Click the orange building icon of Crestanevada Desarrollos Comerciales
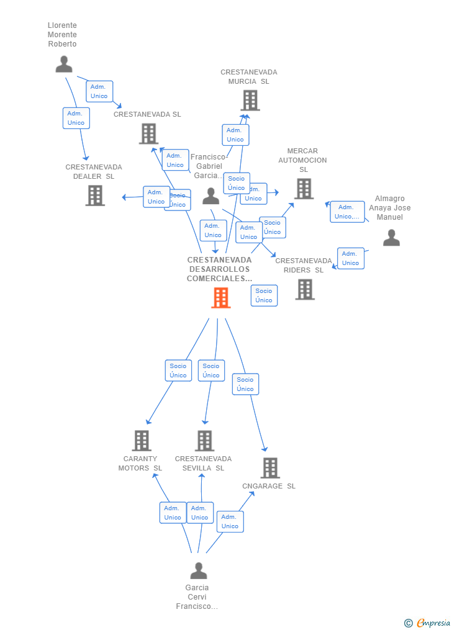coord(220,298)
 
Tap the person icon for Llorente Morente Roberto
coord(64,64)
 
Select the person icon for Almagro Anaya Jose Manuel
coord(391,238)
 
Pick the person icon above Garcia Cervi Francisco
coord(198,570)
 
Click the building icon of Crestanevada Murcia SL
coord(250,100)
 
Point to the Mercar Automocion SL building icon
coord(304,189)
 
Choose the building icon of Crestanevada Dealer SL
coord(94,195)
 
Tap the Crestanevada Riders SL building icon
coord(304,289)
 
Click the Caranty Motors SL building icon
coord(142,441)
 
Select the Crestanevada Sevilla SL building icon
coord(204,441)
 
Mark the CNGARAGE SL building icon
coord(269,468)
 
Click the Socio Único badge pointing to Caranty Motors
coord(178,371)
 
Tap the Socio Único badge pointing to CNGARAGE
coord(245,384)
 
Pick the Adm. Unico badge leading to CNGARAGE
coord(230,521)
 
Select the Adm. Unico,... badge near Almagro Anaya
coord(347,212)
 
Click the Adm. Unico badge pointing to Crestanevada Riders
coord(350,258)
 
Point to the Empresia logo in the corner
coord(428,623)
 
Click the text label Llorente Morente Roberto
coord(63,35)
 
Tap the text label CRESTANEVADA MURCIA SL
coord(249,77)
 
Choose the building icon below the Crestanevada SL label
coord(148,133)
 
